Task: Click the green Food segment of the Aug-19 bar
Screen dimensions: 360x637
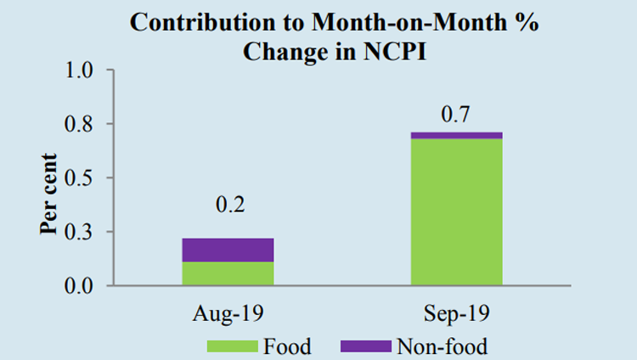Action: [x=228, y=273]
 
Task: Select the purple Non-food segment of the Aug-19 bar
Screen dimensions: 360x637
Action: [x=228, y=250]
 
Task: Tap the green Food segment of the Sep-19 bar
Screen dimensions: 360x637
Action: [x=456, y=212]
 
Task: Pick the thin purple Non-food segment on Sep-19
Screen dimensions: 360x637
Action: [x=456, y=135]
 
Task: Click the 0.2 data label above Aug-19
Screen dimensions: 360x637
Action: [x=228, y=206]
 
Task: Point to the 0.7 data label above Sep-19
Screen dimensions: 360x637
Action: [x=456, y=113]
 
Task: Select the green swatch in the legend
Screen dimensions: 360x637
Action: [x=231, y=346]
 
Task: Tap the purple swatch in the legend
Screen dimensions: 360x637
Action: [x=365, y=346]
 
